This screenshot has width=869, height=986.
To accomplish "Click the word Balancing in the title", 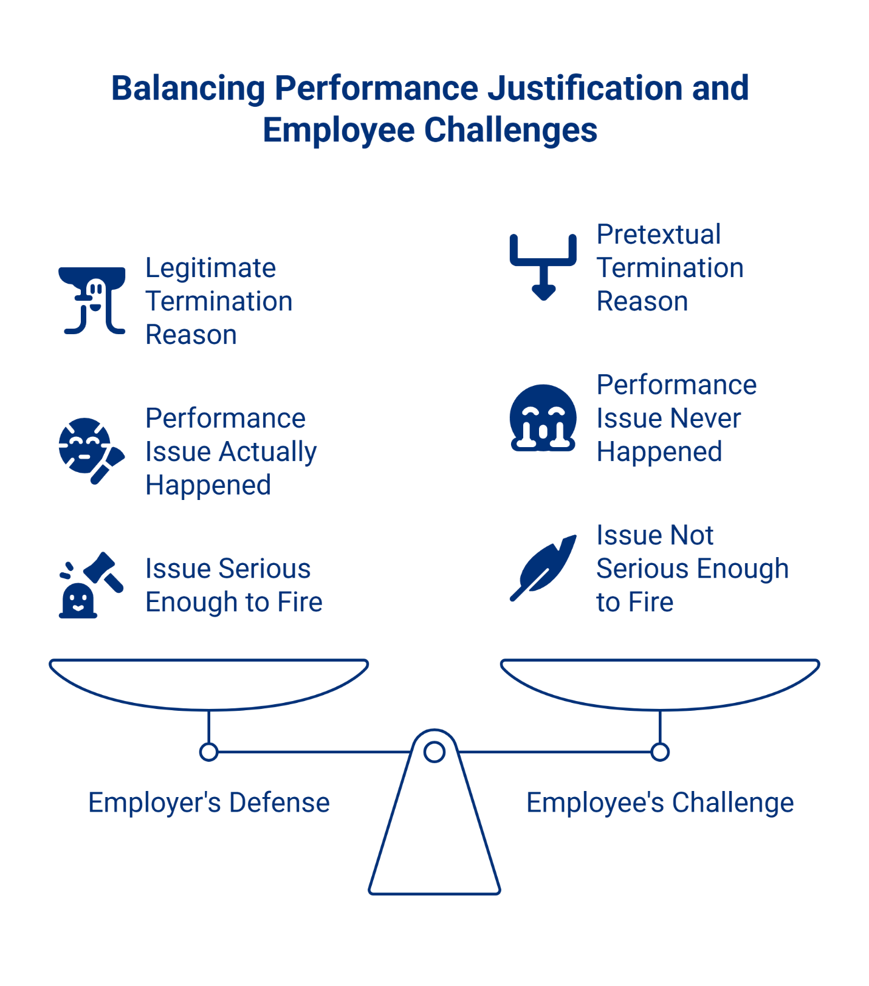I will tap(188, 89).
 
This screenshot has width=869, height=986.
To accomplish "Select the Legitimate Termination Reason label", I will tap(218, 301).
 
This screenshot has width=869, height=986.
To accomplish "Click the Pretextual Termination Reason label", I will tap(670, 268).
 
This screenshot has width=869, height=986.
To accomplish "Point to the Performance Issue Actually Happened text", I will tap(230, 451).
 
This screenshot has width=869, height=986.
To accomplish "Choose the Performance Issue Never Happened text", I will tap(676, 418).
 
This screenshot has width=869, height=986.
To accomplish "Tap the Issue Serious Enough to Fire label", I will tap(233, 586).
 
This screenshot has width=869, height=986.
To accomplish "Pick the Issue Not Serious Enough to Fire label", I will tap(692, 569).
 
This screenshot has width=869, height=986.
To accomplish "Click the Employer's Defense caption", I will tap(208, 803).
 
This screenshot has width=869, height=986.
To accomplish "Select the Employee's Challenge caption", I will tap(659, 803).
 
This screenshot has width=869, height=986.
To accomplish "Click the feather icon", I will tap(543, 568).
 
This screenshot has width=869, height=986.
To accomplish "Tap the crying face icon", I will tap(543, 417).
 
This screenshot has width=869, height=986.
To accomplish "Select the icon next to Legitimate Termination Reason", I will tap(92, 301).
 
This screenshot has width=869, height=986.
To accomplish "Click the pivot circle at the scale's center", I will tap(434, 752).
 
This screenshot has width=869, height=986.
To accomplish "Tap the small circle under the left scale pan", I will tap(208, 752).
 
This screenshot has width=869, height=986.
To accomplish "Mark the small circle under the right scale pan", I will tap(660, 752).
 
